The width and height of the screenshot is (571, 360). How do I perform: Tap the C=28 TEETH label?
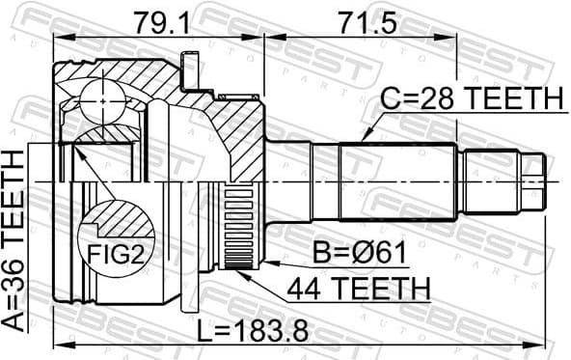point(472,98)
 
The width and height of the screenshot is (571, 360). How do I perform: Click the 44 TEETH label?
point(357,287)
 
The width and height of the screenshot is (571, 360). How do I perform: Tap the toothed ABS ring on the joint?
point(236,228)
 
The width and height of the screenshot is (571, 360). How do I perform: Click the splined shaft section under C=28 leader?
point(395,181)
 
